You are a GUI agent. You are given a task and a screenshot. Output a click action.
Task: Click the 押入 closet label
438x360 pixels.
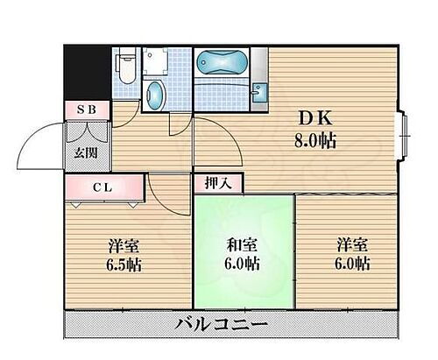click(x=219, y=182)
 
